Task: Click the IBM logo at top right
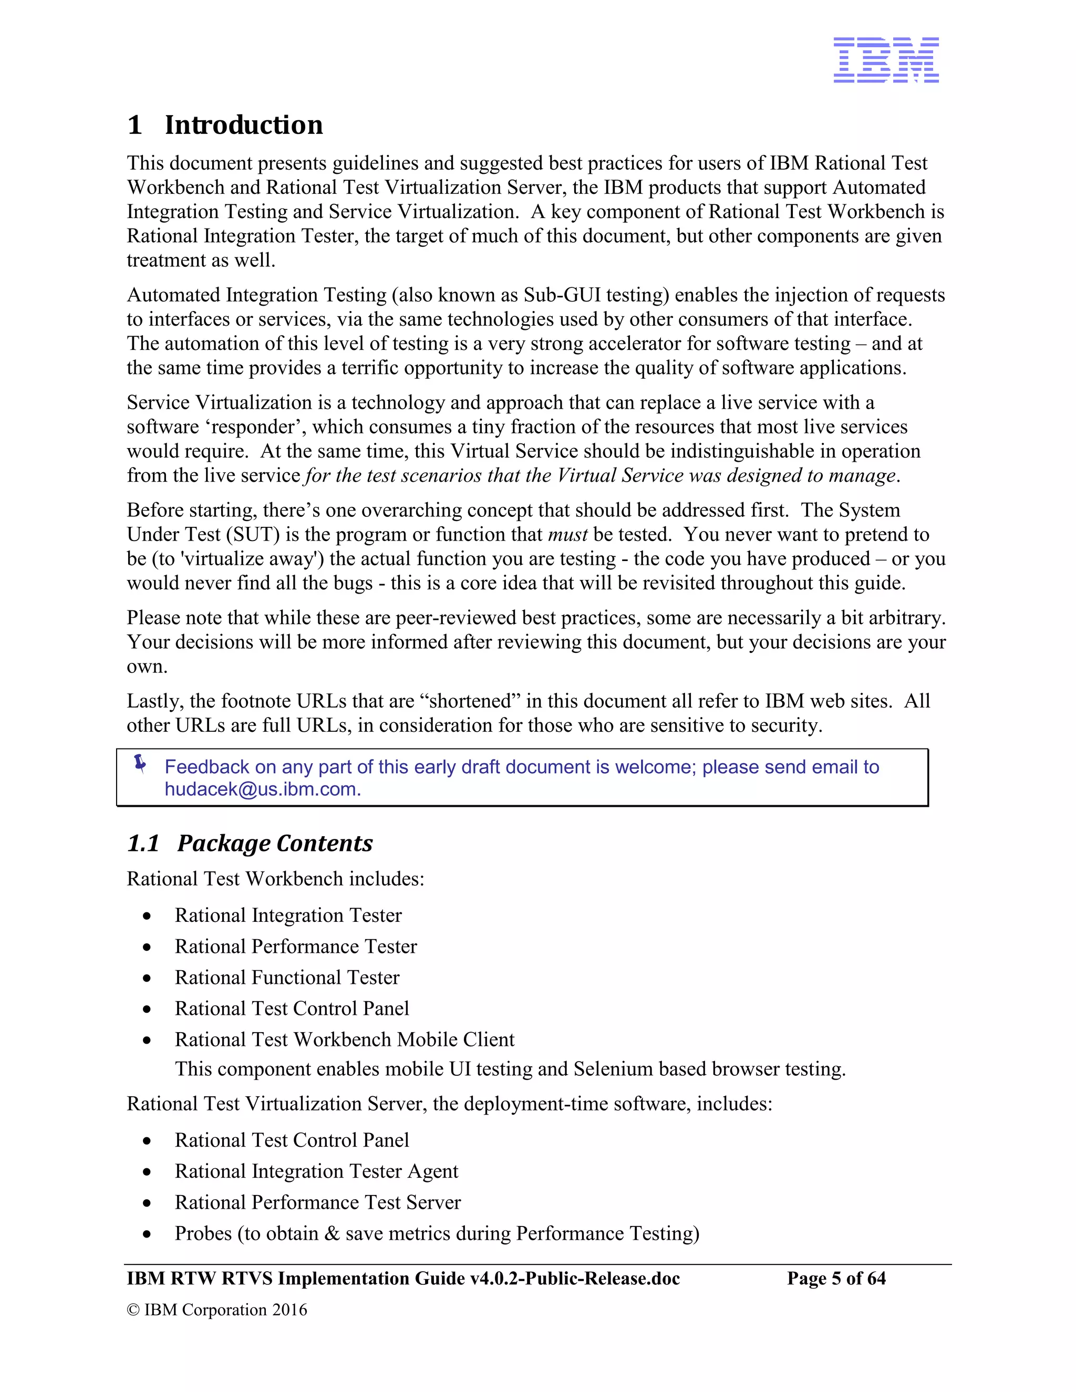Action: tap(885, 59)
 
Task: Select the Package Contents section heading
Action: tap(275, 843)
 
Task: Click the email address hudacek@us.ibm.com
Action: tap(263, 789)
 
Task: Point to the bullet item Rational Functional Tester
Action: tap(287, 977)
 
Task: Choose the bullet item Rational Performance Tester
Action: tap(296, 946)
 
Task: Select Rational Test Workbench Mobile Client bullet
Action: tap(344, 1039)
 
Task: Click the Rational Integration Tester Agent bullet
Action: tap(316, 1171)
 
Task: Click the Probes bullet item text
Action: tap(437, 1233)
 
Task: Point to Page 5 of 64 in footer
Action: tap(836, 1278)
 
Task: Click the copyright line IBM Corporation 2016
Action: tap(217, 1309)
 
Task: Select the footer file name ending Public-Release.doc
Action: tap(403, 1278)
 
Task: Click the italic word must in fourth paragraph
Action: tap(567, 534)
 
